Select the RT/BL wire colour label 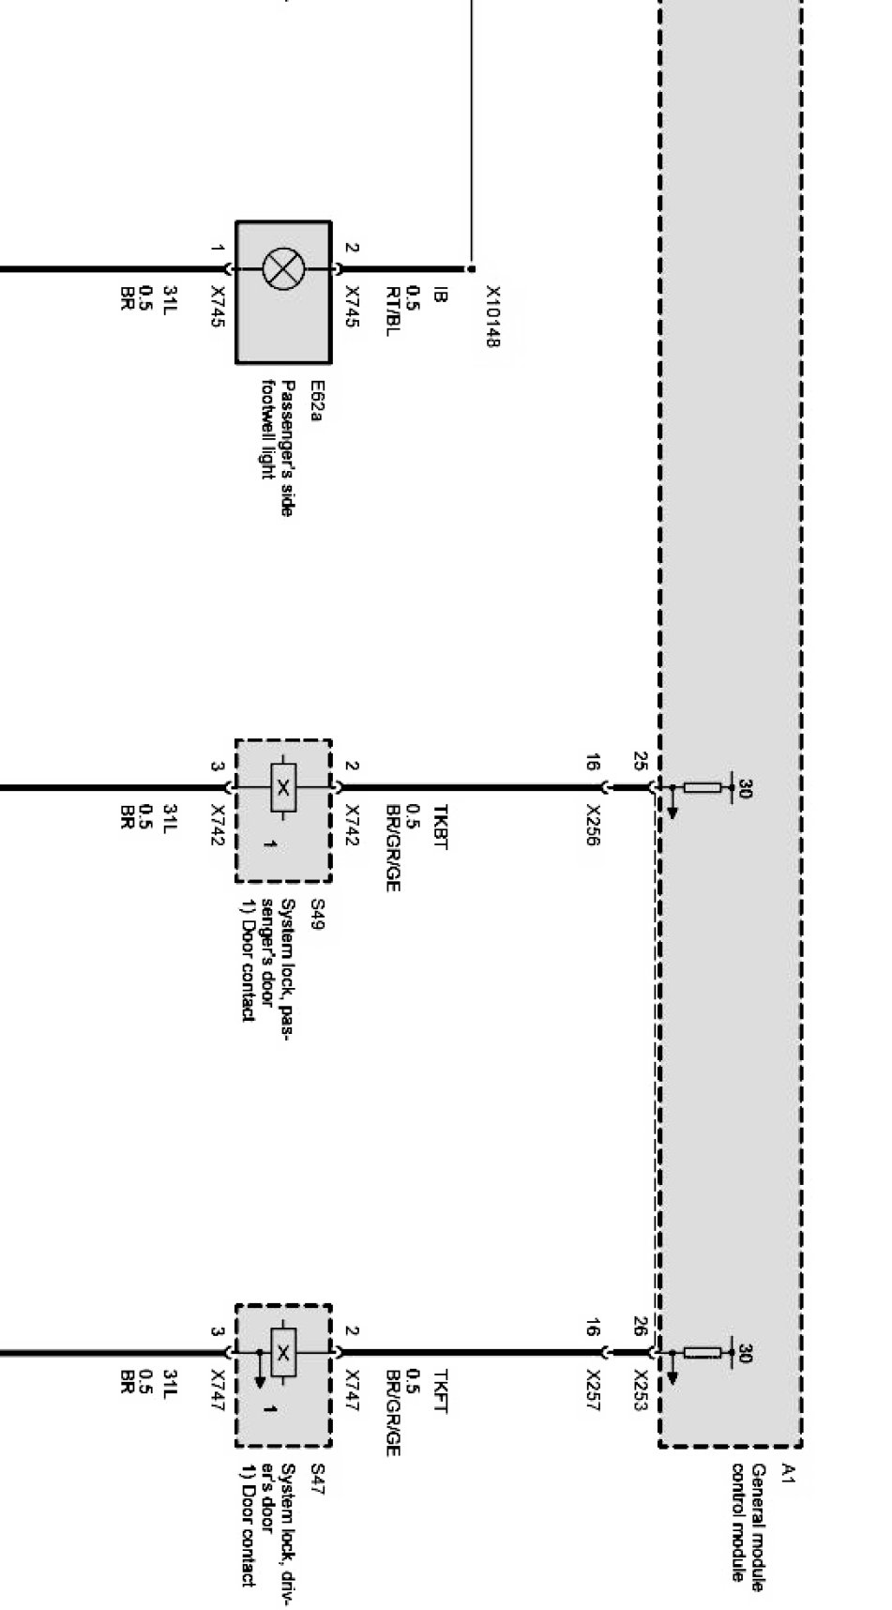click(x=393, y=310)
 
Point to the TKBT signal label click(x=440, y=827)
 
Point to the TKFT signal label click(x=440, y=1392)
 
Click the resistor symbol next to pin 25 click(x=703, y=787)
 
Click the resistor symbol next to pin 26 click(x=703, y=1352)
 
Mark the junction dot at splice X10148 click(x=471, y=268)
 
